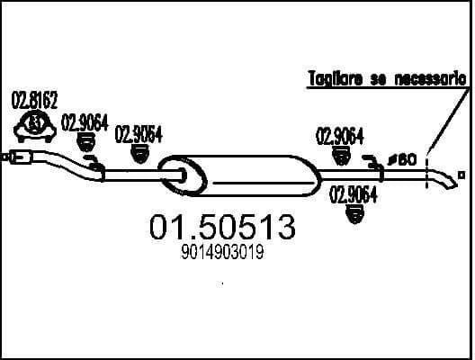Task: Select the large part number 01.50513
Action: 220,229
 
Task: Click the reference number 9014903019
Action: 220,255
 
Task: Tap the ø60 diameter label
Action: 402,159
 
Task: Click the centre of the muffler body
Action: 252,174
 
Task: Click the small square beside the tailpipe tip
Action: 462,173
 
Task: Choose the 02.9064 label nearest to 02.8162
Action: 85,123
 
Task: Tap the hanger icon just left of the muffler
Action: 140,154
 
